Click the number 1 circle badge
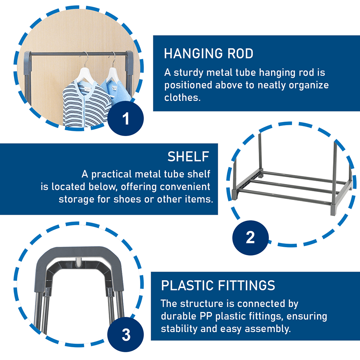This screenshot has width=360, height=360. coord(126,118)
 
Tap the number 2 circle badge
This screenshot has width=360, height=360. coord(250,238)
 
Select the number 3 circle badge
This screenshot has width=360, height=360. coord(126,334)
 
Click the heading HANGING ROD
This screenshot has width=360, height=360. coord(208,54)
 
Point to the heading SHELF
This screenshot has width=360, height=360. coord(188,156)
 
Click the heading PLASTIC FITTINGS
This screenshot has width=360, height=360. coord(218,285)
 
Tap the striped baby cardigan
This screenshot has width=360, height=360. coord(86,103)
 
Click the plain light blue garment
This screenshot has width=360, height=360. coord(117,90)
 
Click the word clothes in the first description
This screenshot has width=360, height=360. coord(182,98)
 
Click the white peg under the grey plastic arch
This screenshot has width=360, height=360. coord(78,262)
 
